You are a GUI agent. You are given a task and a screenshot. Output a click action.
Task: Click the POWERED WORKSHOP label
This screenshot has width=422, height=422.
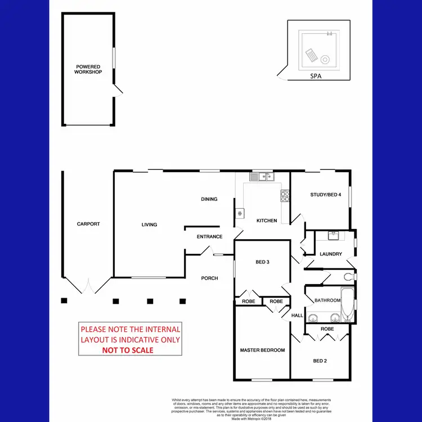click(88, 69)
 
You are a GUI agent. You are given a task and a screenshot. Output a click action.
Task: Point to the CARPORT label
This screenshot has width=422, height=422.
click(88, 224)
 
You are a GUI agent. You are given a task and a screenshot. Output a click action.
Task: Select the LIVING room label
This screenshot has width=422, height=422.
click(149, 225)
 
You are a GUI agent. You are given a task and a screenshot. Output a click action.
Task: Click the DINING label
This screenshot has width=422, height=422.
click(209, 199)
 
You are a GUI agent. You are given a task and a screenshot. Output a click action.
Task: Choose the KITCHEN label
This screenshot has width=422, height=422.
click(267, 221)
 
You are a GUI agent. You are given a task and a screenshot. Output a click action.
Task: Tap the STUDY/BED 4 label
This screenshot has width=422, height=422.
click(326, 195)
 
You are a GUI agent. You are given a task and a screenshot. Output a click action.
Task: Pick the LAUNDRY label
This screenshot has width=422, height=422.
click(331, 254)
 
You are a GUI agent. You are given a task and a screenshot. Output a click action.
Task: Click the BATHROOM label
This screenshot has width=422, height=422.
click(327, 300)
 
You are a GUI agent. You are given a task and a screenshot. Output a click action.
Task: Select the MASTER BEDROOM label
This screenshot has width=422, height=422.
click(262, 350)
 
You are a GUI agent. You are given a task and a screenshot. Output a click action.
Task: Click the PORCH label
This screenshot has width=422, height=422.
click(210, 278)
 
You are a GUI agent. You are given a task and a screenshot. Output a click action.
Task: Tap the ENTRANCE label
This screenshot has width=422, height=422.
click(209, 237)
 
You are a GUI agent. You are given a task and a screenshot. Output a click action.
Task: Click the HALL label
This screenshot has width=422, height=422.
click(297, 316)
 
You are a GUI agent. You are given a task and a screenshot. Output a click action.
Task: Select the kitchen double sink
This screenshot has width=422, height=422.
click(262, 177)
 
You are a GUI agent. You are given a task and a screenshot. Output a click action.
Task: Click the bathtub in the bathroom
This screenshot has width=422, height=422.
click(347, 304)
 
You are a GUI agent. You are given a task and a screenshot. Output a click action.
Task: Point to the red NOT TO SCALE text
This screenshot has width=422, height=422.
click(127, 349)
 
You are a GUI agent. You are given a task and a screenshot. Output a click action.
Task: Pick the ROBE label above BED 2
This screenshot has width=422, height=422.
click(327, 329)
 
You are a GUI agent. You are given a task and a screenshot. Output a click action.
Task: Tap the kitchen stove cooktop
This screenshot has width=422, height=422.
click(285, 196)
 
